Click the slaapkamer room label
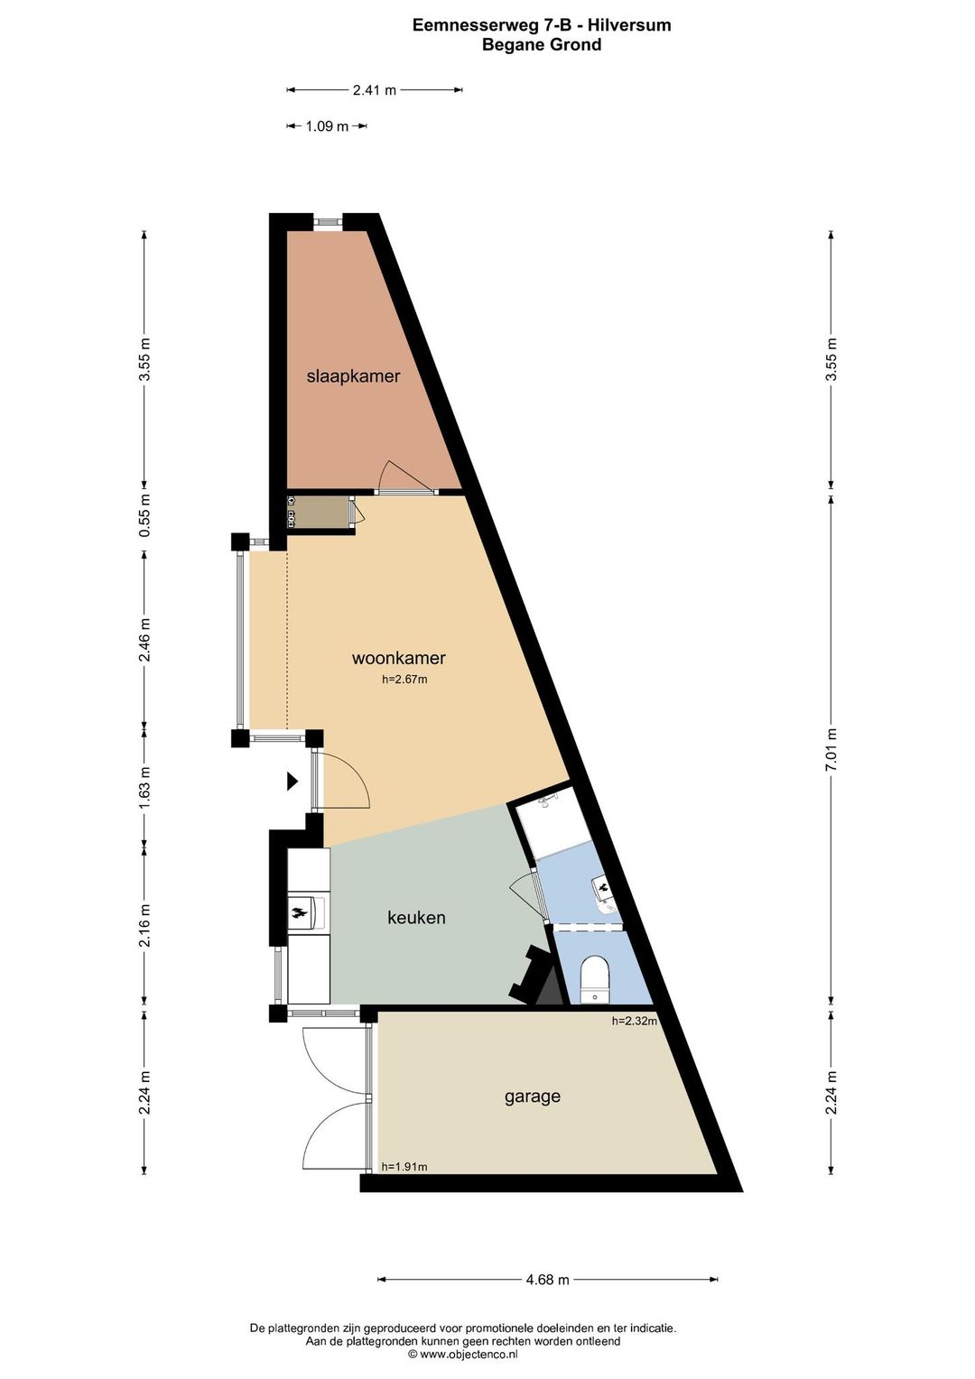pos(353,376)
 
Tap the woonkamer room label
pos(398,658)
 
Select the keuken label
pos(416,918)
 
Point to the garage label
pos(532,1097)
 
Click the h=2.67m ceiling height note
pos(404,680)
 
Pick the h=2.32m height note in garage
pos(634,1021)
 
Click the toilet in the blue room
pos(595,977)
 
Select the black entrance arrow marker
pos(292,782)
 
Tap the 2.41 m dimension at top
pos(374,90)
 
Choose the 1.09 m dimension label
pos(327,126)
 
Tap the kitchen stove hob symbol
pos(301,914)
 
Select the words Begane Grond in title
pos(542,44)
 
